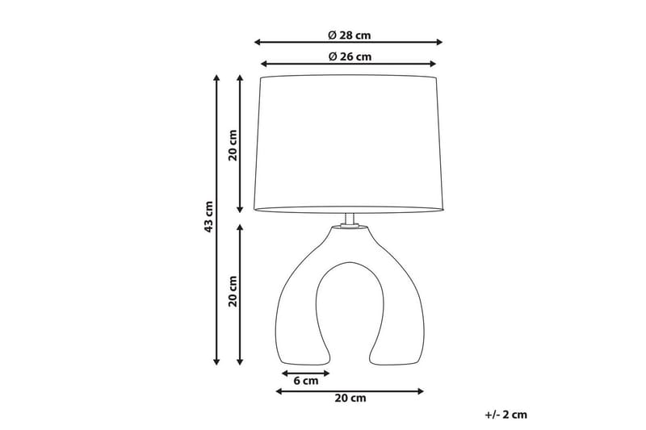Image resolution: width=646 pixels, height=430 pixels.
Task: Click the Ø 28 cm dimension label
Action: click(x=350, y=35)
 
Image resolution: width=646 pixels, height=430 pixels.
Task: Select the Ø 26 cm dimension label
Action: click(x=350, y=56)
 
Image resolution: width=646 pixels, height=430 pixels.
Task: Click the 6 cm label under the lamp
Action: click(x=305, y=382)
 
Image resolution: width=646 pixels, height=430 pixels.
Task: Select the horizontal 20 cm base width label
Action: click(x=350, y=399)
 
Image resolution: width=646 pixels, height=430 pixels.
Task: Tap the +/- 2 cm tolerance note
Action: click(x=505, y=415)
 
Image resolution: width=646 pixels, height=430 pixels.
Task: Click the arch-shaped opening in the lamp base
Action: click(x=350, y=315)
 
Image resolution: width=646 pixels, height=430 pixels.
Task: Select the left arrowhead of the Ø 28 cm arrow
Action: click(x=258, y=42)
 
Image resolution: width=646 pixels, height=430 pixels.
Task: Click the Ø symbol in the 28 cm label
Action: click(x=332, y=35)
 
